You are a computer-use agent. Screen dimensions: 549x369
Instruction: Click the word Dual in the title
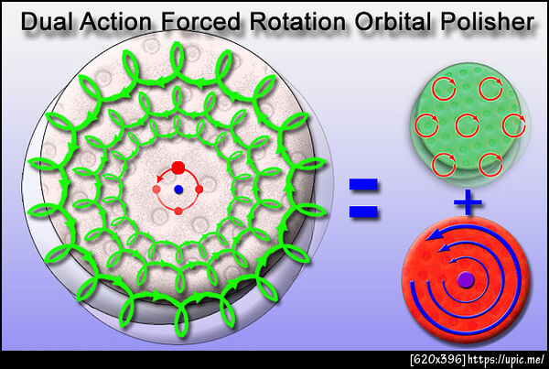pyautogui.click(x=48, y=21)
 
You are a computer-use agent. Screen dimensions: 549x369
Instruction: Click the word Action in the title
pyautogui.click(x=115, y=21)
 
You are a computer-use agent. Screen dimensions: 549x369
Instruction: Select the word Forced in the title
pyautogui.click(x=200, y=21)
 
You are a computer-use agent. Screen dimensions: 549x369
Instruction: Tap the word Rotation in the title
pyautogui.click(x=298, y=21)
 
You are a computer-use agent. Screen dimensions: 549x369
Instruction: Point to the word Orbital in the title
pyautogui.click(x=393, y=21)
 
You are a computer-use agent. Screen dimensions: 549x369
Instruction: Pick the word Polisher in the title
pyautogui.click(x=488, y=21)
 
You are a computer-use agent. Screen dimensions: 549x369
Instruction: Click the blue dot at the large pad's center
pyautogui.click(x=178, y=190)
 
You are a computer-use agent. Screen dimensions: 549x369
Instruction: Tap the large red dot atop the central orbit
pyautogui.click(x=178, y=167)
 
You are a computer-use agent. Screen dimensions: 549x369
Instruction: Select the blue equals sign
pyautogui.click(x=363, y=198)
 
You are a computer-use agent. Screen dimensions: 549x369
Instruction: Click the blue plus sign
pyautogui.click(x=468, y=202)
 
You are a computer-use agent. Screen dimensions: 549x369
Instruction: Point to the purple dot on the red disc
pyautogui.click(x=466, y=279)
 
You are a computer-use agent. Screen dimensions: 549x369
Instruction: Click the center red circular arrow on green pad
pyautogui.click(x=468, y=125)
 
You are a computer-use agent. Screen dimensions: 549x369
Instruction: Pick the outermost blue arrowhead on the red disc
pyautogui.click(x=433, y=235)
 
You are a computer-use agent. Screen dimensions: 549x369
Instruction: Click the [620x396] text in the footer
pyautogui.click(x=437, y=360)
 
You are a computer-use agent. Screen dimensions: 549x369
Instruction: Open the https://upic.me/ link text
pyautogui.click(x=507, y=360)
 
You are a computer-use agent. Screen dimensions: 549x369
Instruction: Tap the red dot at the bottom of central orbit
pyautogui.click(x=178, y=211)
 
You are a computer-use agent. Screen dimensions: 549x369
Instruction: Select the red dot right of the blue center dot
pyautogui.click(x=199, y=190)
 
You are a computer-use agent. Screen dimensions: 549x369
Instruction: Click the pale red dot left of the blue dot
pyautogui.click(x=156, y=190)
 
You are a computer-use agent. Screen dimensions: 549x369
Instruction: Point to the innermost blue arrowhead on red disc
pyautogui.click(x=454, y=260)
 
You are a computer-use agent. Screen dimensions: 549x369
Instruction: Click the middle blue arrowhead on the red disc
pyautogui.click(x=444, y=248)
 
